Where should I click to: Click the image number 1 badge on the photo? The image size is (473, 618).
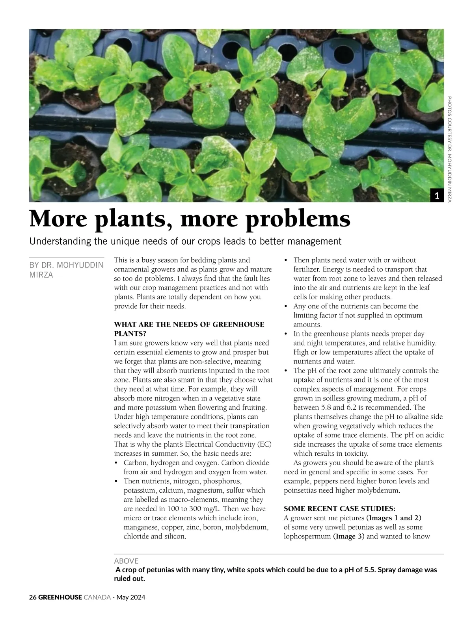437,195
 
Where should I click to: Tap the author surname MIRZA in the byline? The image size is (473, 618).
41,275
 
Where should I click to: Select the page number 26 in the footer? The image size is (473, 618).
33,597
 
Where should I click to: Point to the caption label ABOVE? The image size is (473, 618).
126,561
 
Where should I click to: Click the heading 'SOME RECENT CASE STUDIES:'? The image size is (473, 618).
339,509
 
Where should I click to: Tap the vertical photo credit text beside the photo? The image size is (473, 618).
450,150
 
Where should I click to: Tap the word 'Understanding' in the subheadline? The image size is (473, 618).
61,241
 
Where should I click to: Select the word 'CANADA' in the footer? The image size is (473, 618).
97,597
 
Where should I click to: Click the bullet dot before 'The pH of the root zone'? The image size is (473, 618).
286,371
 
